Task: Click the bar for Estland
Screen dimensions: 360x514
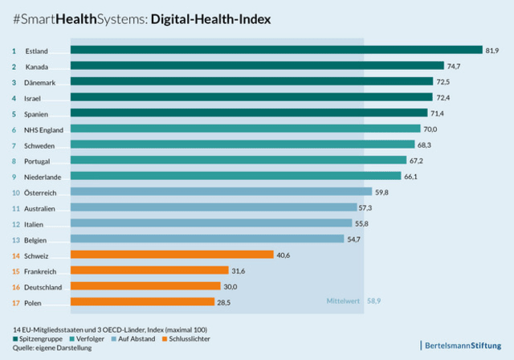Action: (275, 51)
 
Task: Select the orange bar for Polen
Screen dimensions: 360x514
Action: (142, 302)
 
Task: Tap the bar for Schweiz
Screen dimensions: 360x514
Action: (172, 255)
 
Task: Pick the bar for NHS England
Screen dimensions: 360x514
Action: (245, 129)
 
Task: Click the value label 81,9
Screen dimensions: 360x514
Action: (492, 51)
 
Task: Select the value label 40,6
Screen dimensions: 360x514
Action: (284, 255)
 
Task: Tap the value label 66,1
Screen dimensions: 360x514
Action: (410, 176)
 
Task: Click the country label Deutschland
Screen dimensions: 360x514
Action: (42, 286)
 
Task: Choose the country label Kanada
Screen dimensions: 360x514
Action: (37, 67)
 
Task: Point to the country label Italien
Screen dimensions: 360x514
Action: (35, 223)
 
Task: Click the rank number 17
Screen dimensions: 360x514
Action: (14, 302)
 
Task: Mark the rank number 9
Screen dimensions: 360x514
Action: (14, 176)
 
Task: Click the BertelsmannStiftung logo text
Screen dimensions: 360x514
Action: (463, 346)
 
